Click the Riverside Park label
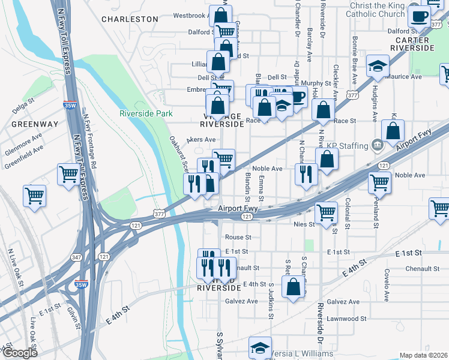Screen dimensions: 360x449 pyautogui.click(x=146, y=113)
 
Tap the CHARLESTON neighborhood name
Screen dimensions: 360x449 pyautogui.click(x=130, y=19)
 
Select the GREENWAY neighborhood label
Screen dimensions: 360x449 pyautogui.click(x=34, y=124)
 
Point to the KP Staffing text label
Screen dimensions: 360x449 pyautogui.click(x=346, y=145)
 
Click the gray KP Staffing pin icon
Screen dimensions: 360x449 pyautogui.click(x=378, y=145)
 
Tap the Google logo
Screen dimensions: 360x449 pyautogui.click(x=19, y=353)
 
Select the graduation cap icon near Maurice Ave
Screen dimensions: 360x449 pyautogui.click(x=378, y=67)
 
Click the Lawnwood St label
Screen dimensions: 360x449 pyautogui.click(x=347, y=319)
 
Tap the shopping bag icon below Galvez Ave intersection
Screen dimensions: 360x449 pyautogui.click(x=294, y=288)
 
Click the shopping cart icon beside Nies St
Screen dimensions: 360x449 pyautogui.click(x=326, y=212)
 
